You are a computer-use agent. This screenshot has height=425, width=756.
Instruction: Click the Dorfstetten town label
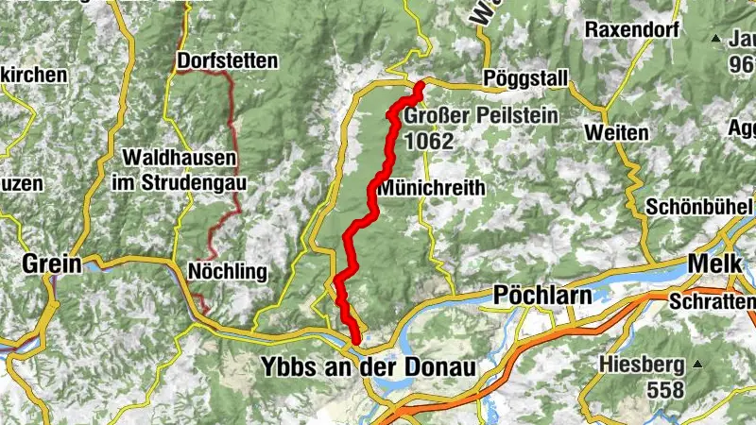coord(227,60)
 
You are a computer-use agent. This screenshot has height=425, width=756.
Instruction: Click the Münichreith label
coord(432,188)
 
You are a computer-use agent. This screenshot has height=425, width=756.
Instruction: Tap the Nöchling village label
coord(227,272)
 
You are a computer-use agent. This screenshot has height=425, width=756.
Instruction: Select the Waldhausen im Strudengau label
coord(178,169)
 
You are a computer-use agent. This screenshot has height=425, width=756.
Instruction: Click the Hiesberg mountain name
coord(642,364)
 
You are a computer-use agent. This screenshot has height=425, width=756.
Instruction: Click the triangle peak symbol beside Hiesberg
coord(698,364)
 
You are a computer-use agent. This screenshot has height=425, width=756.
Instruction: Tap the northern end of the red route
coord(419,86)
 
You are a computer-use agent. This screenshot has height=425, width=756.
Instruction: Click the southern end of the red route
coord(356,341)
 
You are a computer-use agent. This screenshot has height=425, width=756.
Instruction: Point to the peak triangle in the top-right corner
coord(715,39)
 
